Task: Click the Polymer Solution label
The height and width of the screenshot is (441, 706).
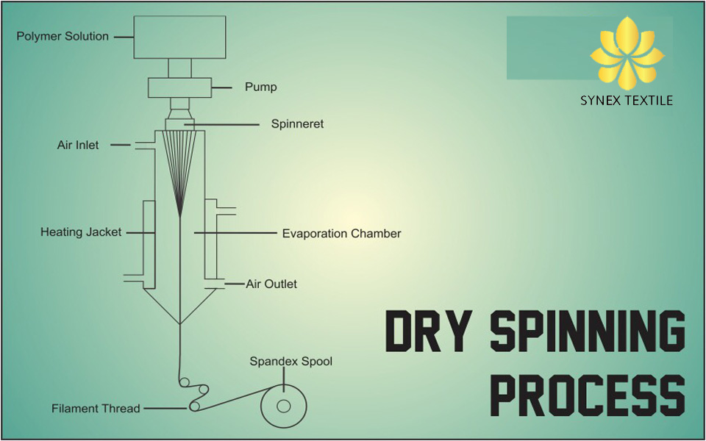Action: (x=63, y=37)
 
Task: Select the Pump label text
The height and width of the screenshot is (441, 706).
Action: (x=260, y=87)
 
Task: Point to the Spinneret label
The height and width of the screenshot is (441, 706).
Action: (x=297, y=123)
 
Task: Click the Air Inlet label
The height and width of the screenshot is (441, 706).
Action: (x=78, y=145)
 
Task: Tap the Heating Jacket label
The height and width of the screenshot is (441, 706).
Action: (x=81, y=232)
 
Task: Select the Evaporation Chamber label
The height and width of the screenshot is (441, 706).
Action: (x=342, y=234)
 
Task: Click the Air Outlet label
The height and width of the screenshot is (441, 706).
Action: (x=271, y=284)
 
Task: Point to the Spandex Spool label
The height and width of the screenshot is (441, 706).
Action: (x=291, y=362)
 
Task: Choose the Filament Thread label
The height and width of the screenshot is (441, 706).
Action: (x=96, y=409)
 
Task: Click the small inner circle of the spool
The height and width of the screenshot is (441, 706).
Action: (x=284, y=406)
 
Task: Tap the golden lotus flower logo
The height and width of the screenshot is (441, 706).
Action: (x=627, y=53)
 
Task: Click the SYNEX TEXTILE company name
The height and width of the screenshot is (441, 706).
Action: (x=627, y=101)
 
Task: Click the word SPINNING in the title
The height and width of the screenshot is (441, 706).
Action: (x=587, y=331)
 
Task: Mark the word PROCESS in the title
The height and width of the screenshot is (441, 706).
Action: (x=587, y=395)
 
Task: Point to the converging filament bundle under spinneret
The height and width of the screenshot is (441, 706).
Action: (x=179, y=173)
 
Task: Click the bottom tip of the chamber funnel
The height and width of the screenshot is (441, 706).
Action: (x=180, y=324)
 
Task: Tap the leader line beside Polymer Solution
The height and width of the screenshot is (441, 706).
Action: (x=124, y=37)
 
